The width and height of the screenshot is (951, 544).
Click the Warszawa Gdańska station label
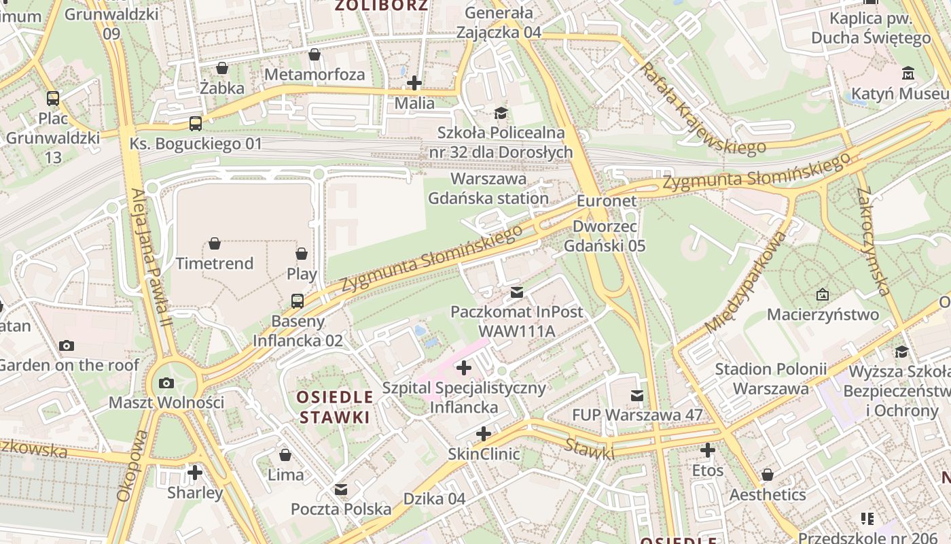coord(488,188)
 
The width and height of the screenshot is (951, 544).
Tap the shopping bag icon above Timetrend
coord(215,243)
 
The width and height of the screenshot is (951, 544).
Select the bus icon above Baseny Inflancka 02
coord(298,301)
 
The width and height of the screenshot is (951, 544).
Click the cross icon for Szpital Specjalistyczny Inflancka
coord(464,369)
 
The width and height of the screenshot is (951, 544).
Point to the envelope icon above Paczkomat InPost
coord(517,292)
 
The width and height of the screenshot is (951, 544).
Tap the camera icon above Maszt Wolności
coord(166,383)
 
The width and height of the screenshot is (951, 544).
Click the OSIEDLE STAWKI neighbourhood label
coord(336,407)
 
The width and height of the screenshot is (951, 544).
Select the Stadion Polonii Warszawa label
coord(771,379)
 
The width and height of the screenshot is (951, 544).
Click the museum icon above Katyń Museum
coord(908,73)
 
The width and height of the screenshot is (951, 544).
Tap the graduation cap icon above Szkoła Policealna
coord(501,113)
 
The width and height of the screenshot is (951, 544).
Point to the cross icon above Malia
coord(414,84)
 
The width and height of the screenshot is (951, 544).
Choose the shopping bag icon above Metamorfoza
coord(315,54)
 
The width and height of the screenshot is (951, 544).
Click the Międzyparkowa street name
coord(747,282)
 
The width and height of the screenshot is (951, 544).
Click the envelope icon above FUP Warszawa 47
coord(637,395)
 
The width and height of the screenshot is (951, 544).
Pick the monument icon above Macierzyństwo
coord(823,295)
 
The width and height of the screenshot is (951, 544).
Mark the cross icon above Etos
coord(708,450)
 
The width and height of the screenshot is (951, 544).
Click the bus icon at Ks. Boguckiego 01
coord(196,124)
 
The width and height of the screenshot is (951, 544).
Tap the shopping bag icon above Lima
coord(285,454)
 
